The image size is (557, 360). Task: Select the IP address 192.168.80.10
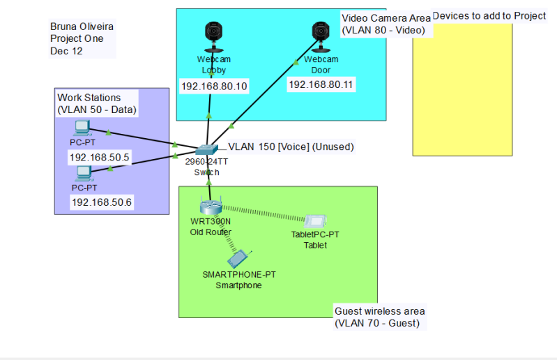click(x=214, y=87)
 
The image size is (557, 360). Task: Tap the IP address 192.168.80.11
click(x=321, y=84)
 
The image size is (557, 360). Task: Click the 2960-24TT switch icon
click(x=207, y=149)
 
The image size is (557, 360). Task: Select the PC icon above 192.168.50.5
click(x=83, y=128)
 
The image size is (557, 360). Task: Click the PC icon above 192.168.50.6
click(x=84, y=172)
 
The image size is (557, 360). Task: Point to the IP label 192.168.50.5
click(x=100, y=158)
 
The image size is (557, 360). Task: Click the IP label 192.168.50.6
click(x=102, y=202)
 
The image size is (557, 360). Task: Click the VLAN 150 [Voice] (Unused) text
click(x=291, y=147)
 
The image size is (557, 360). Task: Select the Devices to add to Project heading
click(x=489, y=15)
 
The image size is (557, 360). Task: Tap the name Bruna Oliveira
click(x=82, y=27)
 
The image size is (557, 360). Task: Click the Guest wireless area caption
click(x=379, y=311)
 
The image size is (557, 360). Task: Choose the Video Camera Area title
click(x=386, y=17)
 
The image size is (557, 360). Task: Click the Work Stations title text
click(x=89, y=98)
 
